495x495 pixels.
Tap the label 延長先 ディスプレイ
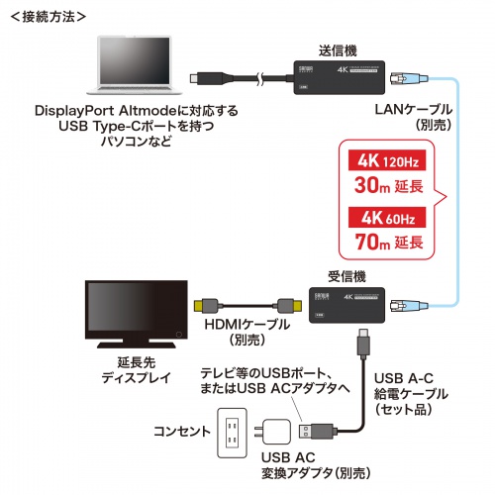tap(131, 369)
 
